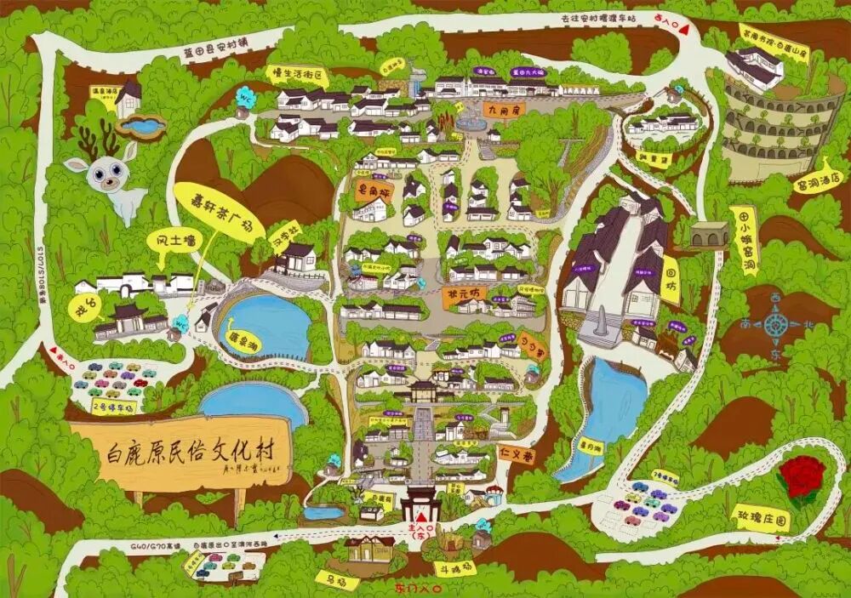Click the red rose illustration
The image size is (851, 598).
click(800, 478)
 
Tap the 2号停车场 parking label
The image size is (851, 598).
click(114, 407)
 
